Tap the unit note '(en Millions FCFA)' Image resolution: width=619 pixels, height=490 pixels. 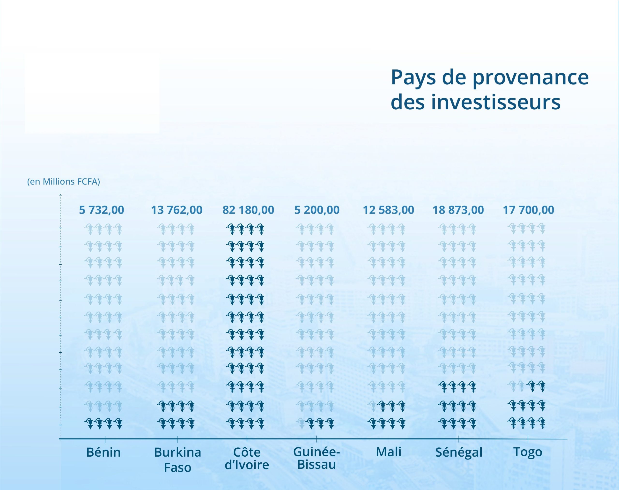[63, 182]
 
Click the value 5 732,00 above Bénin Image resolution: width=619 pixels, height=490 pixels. [102, 210]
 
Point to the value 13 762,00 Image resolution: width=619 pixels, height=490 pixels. [177, 210]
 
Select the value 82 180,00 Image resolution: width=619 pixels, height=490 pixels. [248, 210]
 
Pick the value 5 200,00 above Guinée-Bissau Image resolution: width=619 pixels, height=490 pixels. [317, 210]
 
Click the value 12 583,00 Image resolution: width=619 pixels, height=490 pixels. [389, 210]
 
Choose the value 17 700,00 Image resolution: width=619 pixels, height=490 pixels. [529, 210]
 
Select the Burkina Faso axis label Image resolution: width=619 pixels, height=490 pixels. [177, 460]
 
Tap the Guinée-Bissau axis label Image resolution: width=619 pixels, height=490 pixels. [317, 458]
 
